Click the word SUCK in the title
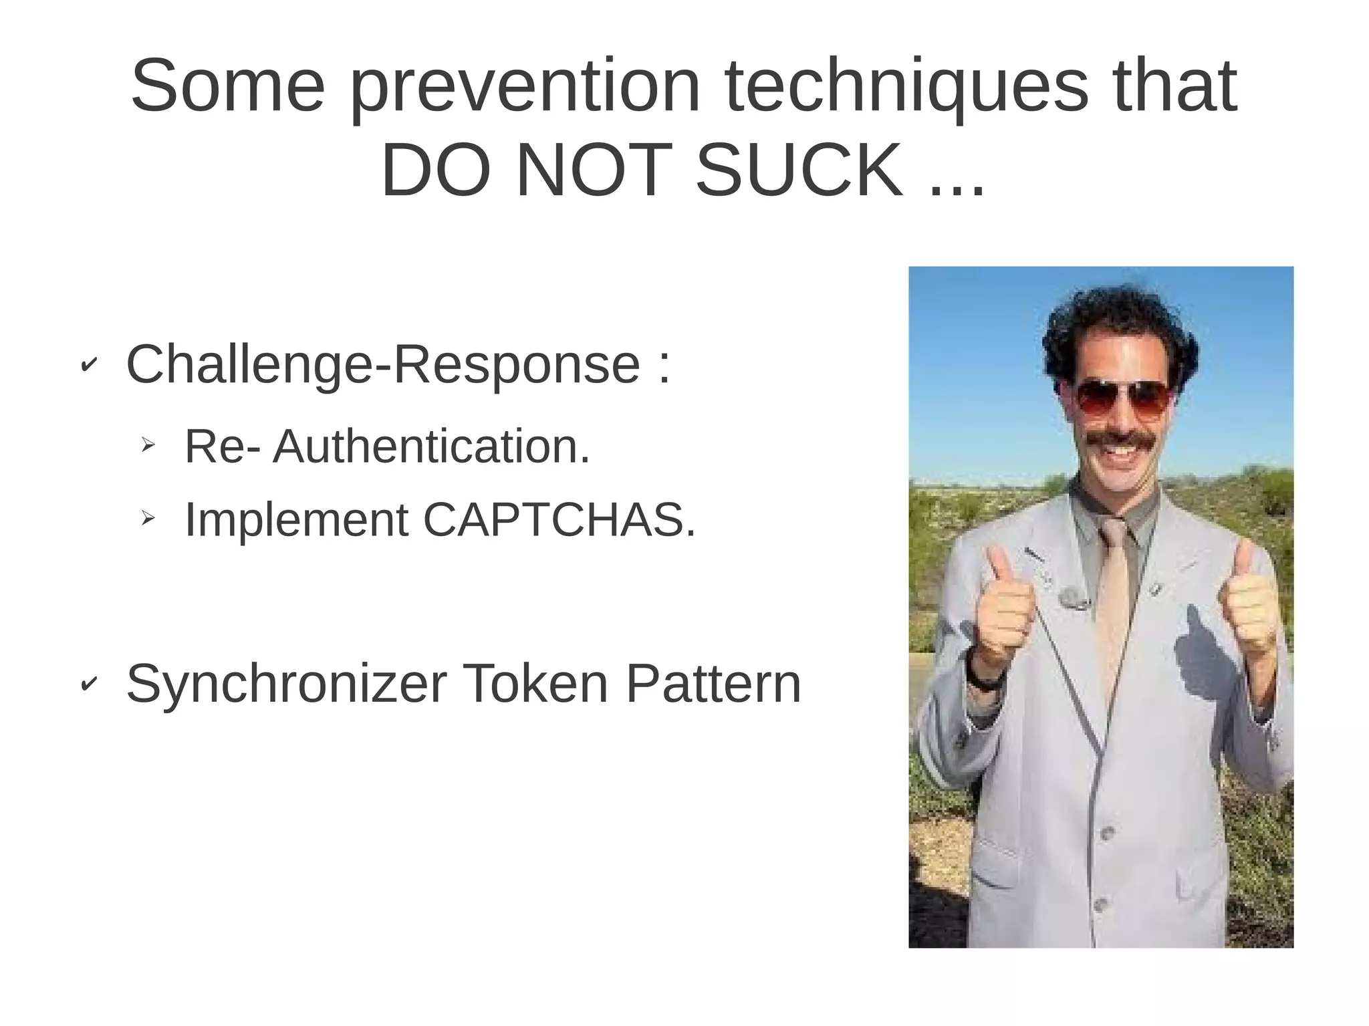799,171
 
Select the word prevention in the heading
525,87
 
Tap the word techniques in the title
906,87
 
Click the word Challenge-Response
383,365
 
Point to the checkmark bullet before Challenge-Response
88,365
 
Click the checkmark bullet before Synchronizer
88,684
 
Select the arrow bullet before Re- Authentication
148,444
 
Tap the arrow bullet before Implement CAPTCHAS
148,517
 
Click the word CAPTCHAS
559,520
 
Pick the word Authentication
431,446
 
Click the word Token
535,684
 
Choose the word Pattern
713,684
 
